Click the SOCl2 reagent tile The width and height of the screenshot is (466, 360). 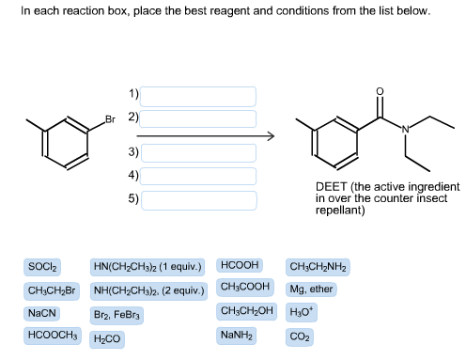coord(43,267)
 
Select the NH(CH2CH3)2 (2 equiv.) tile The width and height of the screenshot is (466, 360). coord(149,290)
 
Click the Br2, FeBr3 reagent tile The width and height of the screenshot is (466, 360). coord(118,314)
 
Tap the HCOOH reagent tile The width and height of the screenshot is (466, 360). coord(241,266)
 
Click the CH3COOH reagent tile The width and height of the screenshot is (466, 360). coord(245,287)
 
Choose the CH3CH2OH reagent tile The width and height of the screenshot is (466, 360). coord(247,311)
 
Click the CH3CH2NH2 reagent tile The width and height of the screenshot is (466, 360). coord(318,267)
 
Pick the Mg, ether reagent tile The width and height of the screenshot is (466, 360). coord(311,290)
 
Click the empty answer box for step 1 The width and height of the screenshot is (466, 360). coord(199,95)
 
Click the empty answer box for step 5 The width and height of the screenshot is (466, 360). coord(199,199)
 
